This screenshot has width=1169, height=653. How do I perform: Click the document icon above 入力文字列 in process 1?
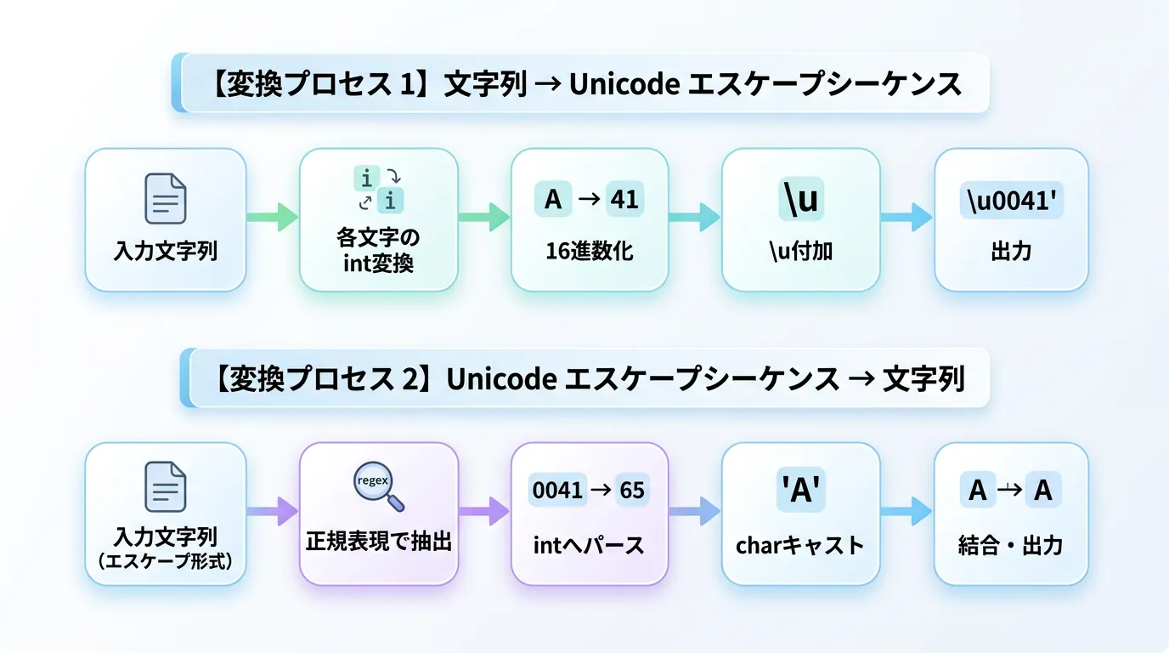[165, 198]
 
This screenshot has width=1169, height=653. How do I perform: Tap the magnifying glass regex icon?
[377, 487]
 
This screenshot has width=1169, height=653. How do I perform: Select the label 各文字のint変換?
[378, 250]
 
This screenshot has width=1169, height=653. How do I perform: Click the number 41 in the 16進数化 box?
[626, 199]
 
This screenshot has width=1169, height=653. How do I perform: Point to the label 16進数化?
[590, 251]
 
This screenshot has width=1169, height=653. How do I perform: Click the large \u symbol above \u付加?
[800, 199]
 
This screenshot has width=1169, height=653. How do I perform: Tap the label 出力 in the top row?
[1011, 252]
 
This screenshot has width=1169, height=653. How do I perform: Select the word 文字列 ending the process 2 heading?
[923, 378]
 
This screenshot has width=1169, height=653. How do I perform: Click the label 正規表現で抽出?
[378, 542]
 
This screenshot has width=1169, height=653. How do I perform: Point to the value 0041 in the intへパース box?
[557, 491]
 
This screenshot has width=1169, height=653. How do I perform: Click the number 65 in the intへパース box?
[631, 491]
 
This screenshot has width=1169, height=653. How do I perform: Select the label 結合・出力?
[1011, 544]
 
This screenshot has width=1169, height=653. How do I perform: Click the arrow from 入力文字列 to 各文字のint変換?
[272, 217]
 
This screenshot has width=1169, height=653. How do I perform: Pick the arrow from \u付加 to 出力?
[907, 217]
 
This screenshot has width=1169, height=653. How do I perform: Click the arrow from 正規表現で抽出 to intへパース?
[484, 511]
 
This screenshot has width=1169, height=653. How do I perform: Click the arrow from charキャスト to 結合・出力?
[907, 511]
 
